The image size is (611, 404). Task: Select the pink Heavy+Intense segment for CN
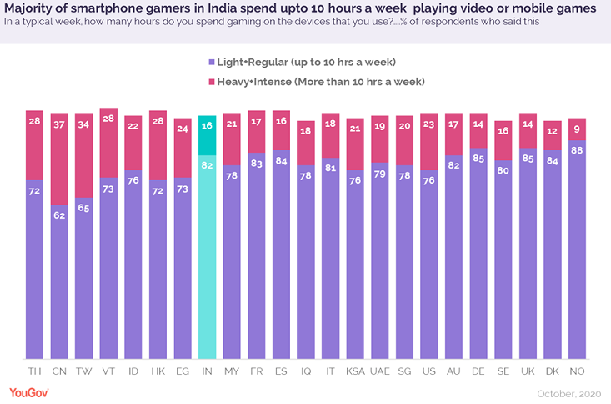59,159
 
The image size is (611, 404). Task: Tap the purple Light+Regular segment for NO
577,250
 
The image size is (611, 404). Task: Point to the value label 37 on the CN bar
59,124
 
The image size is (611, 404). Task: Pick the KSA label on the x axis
355,370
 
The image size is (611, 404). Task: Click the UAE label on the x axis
380,370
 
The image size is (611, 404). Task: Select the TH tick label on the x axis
34,370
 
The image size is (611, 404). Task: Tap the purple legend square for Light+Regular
210,63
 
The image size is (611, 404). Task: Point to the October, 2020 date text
568,392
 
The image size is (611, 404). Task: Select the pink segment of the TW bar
83,156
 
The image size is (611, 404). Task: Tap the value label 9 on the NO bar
577,129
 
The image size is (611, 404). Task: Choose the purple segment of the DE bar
478,250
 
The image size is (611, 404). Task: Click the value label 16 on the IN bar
207,126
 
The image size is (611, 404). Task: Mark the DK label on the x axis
553,370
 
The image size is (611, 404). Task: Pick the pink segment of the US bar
429,142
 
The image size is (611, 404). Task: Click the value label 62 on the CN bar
59,215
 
